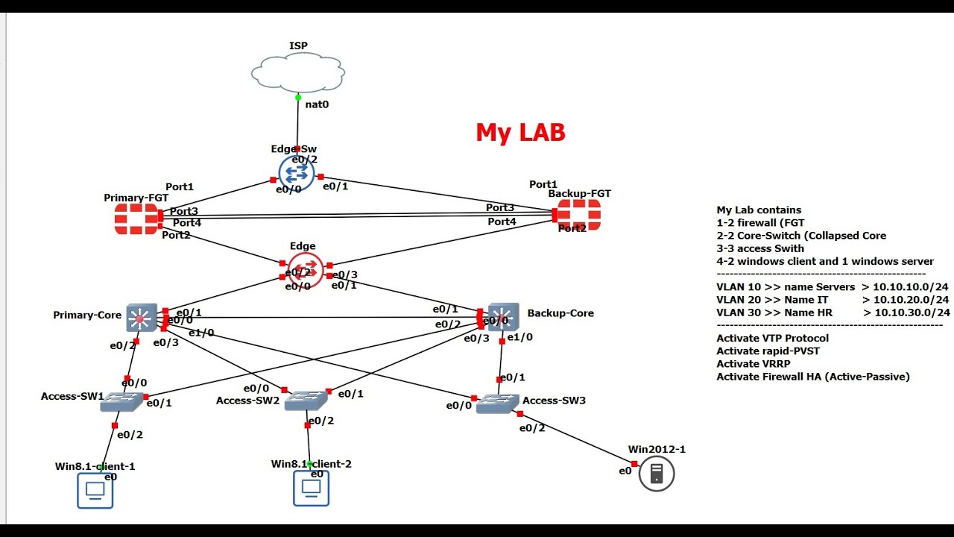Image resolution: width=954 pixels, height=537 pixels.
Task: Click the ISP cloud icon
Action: (x=298, y=73)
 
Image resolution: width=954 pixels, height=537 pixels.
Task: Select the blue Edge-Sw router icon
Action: (x=297, y=172)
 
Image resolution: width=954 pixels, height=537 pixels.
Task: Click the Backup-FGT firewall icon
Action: (x=579, y=215)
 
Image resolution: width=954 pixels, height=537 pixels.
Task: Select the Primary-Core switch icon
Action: (x=141, y=318)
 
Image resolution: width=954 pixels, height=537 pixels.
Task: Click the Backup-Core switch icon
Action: (x=503, y=317)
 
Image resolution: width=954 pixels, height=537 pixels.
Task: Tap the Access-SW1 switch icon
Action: (x=121, y=402)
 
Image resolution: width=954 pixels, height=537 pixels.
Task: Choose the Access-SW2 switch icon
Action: (x=305, y=401)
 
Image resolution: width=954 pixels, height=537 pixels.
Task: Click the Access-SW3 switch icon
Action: (x=497, y=403)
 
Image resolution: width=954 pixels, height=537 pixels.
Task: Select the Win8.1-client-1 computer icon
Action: (x=95, y=492)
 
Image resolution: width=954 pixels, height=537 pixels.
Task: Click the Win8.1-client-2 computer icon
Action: (x=311, y=489)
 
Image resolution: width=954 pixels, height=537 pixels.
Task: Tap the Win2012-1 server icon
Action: (x=656, y=474)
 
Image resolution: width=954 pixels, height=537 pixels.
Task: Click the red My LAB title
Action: (x=520, y=133)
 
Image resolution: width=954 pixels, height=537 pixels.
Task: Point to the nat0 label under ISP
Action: (x=317, y=104)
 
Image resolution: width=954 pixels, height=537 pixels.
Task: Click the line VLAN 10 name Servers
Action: (x=833, y=287)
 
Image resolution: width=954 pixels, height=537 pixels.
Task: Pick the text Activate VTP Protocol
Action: (x=772, y=339)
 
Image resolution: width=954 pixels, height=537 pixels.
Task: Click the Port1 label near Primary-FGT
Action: (x=180, y=186)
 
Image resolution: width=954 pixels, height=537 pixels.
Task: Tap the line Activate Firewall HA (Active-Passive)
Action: (x=813, y=377)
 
